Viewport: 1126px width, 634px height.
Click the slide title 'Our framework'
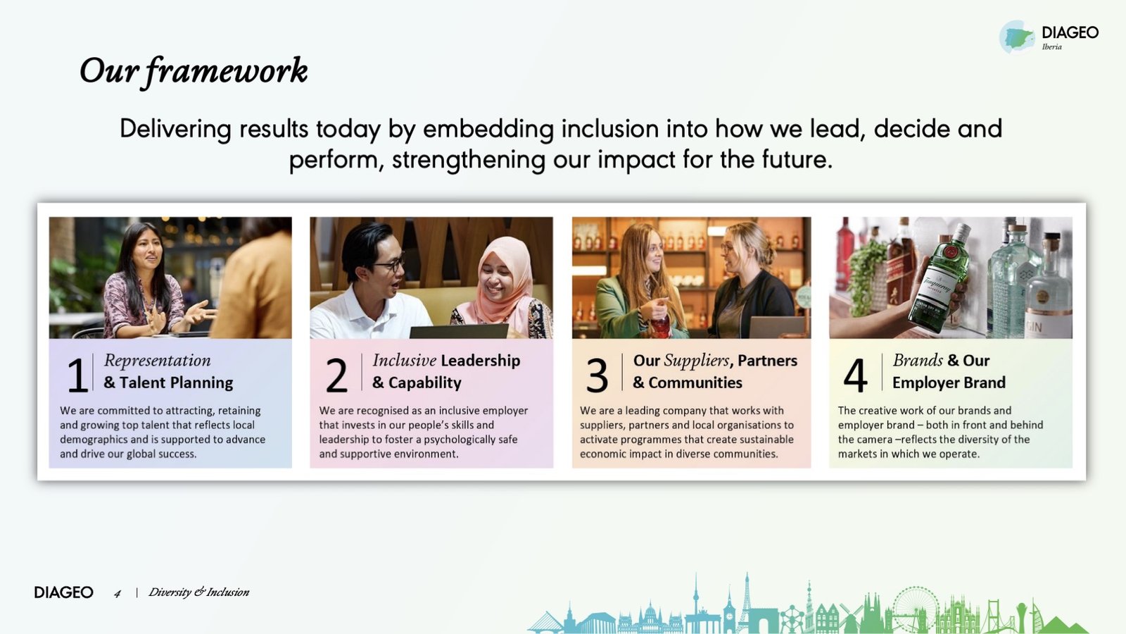[194, 71]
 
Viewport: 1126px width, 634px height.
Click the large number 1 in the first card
[77, 375]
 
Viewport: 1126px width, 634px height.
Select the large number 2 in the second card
[336, 375]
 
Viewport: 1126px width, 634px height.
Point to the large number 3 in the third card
[597, 375]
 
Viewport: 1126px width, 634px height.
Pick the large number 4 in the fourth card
[855, 375]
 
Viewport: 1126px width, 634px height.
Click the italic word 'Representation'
[158, 361]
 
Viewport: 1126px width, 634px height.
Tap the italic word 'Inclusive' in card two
[404, 360]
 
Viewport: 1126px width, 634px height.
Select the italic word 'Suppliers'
[697, 361]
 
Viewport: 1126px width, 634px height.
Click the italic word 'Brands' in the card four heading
[918, 360]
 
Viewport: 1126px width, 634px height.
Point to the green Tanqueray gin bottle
[938, 279]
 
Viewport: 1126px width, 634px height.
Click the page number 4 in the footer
[118, 594]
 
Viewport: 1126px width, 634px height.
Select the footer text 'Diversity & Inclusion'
[198, 592]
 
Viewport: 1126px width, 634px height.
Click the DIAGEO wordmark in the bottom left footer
[64, 592]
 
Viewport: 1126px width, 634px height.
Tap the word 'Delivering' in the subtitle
[175, 130]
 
